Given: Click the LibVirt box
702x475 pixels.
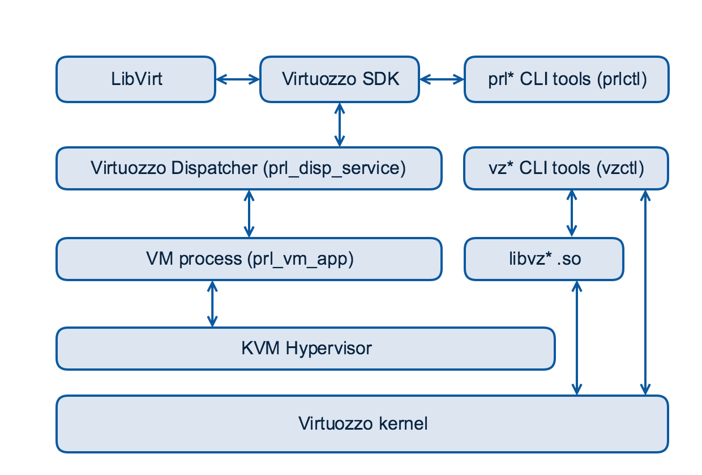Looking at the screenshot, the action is coord(136,79).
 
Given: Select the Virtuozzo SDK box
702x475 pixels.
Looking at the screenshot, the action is coord(340,79).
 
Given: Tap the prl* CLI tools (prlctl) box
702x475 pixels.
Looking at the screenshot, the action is coord(567,79).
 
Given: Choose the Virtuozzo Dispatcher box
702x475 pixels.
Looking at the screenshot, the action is coord(249,168).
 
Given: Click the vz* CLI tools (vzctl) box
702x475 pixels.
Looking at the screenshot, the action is coord(566,168).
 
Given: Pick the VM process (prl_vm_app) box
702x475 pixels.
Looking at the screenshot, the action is coord(249,259).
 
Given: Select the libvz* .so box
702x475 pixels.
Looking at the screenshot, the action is coord(544,259).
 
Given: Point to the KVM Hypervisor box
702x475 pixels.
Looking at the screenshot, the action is coord(306,349).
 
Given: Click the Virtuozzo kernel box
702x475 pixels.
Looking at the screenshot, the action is coord(362,424).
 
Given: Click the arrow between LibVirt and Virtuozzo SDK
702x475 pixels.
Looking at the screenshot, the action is coord(238,79).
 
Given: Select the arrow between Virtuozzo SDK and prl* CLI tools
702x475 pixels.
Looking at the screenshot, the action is coord(442,79).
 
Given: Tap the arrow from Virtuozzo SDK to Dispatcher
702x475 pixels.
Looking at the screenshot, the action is coord(340,125).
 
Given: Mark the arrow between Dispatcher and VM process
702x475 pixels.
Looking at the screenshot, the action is coord(249,214).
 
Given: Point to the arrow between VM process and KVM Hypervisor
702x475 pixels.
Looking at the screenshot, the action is coord(212,304).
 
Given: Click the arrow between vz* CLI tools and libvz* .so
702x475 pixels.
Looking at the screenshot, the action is coord(572,214).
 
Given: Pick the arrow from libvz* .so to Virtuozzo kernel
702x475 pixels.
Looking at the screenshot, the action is coord(577,338).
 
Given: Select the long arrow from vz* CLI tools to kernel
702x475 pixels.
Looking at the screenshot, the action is coord(645,292).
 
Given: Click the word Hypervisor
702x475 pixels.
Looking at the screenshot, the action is coord(328,349).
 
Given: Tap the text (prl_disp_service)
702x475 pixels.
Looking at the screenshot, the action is coord(335,168).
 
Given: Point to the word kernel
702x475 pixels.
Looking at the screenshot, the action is coord(403,423).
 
